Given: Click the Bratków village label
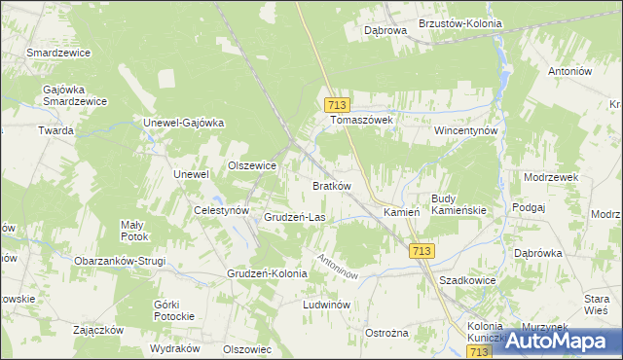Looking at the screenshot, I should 331,185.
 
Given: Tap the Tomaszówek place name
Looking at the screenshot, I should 361,120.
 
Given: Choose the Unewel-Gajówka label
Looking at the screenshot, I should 184,123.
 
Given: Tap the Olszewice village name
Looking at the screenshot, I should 252,165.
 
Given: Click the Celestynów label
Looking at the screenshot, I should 222,210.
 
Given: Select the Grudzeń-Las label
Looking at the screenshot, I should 295,217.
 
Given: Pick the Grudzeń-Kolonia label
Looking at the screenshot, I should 267,273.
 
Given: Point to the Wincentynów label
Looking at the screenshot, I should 466,129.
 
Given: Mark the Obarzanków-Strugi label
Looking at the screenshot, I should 120,261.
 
